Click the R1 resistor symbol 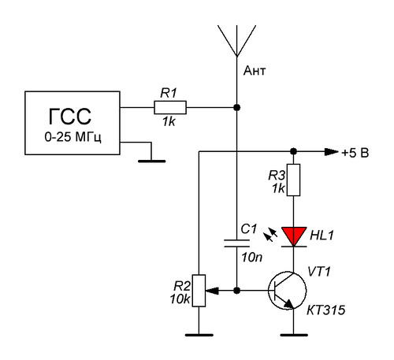point(170,107)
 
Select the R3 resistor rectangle point(293,180)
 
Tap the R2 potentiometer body point(199,291)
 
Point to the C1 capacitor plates point(236,243)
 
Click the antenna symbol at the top point(236,41)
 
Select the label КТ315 point(325,310)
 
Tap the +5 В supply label point(355,153)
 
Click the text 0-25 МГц point(72,137)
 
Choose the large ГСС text point(70,117)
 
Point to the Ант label point(255,71)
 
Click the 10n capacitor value point(252,258)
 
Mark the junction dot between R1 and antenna point(236,107)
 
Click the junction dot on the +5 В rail point(293,151)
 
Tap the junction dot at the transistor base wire point(236,291)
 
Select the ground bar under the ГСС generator point(152,161)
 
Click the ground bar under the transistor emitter point(294,335)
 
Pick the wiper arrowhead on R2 point(212,291)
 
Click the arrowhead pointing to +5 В point(331,151)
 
